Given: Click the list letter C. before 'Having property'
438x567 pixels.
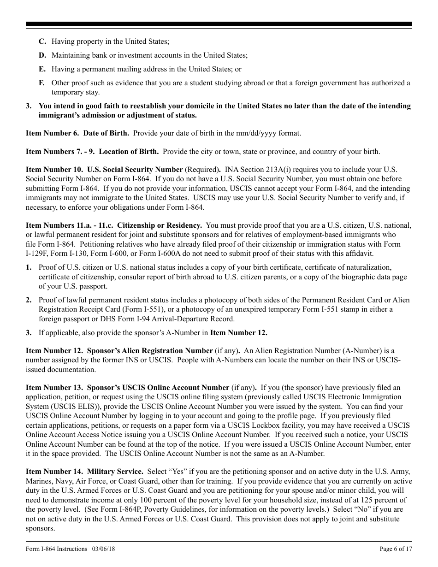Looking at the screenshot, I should (42, 41).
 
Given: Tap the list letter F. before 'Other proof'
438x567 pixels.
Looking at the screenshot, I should (41, 83).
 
